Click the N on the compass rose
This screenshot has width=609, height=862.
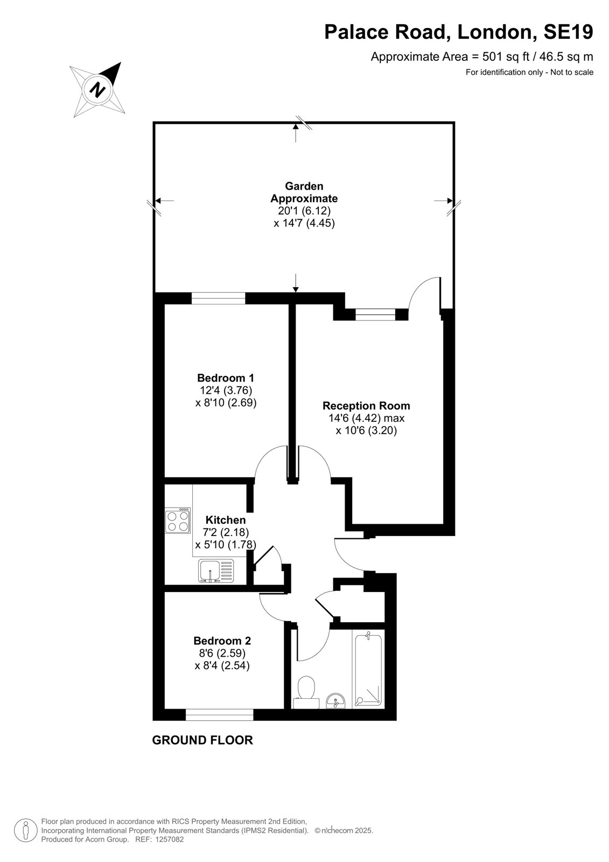coord(97,89)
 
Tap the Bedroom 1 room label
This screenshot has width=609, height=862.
coord(226,378)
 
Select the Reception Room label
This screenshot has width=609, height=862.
coord(366,406)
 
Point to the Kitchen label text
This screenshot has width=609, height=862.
coord(226,520)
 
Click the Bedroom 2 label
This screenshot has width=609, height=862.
coord(222,641)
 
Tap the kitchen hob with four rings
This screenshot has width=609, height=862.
coord(178,520)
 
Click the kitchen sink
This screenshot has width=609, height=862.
coord(216,571)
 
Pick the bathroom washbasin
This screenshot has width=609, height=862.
coord(336,701)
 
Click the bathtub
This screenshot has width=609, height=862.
coord(368,670)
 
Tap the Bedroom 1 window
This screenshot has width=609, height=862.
coord(219,298)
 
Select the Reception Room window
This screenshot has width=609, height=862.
coord(375,315)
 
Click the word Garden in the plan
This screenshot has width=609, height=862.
coord(304,186)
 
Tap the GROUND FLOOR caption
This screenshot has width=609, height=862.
coord(202,740)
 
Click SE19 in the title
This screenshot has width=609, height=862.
coord(568,32)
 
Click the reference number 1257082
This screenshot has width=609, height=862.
coord(169,840)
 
